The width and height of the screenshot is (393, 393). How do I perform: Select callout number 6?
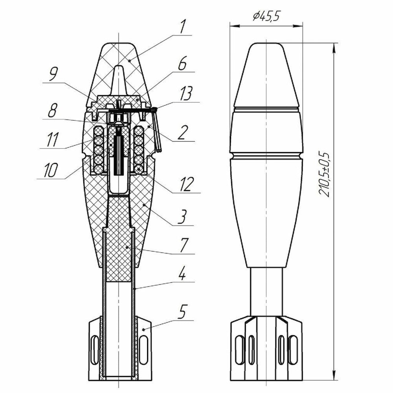pos(182,65)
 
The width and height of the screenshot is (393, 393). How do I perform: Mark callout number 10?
pos(50,170)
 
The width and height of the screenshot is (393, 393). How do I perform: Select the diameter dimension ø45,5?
pos(266,17)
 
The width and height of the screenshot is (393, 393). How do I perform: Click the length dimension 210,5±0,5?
pos(325,173)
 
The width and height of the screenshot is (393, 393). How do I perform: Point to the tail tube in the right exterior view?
pos(266,291)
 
